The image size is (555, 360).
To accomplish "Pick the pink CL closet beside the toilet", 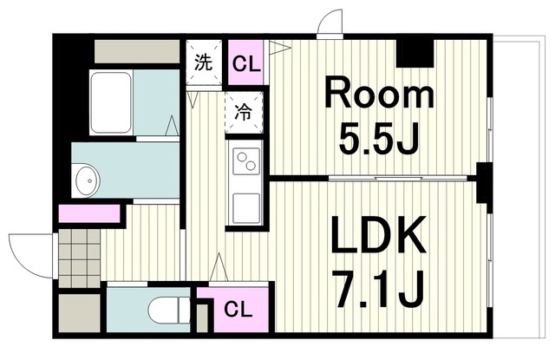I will [232, 310].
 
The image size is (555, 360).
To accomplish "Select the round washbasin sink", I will [88, 182].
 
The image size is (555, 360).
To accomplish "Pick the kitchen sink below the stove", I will [245, 207].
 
